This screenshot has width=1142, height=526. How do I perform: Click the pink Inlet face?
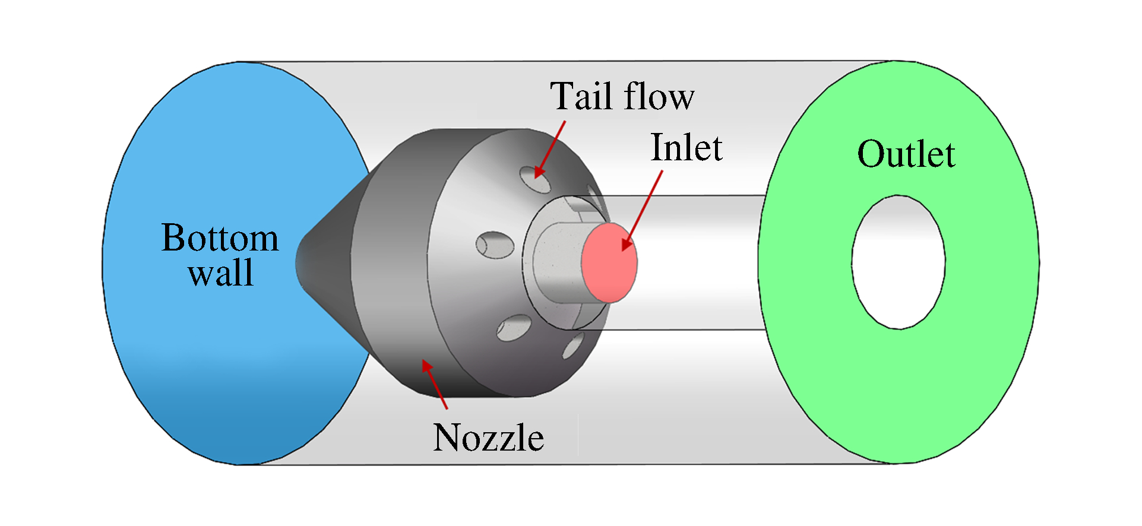point(609,262)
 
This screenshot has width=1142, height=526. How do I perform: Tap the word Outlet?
point(906,154)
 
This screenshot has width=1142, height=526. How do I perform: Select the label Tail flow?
point(621,96)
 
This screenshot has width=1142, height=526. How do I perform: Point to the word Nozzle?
point(488,438)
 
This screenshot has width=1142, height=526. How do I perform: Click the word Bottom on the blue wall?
point(220,239)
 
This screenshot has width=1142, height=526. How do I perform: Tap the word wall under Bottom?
point(221,273)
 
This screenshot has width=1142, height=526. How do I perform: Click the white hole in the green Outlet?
point(898,262)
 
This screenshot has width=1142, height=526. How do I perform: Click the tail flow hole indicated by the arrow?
point(534,179)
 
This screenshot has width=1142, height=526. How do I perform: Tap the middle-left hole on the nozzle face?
point(495,245)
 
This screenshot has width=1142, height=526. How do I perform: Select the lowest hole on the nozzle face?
point(573,346)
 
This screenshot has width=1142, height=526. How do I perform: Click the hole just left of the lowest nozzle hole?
point(514,327)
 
